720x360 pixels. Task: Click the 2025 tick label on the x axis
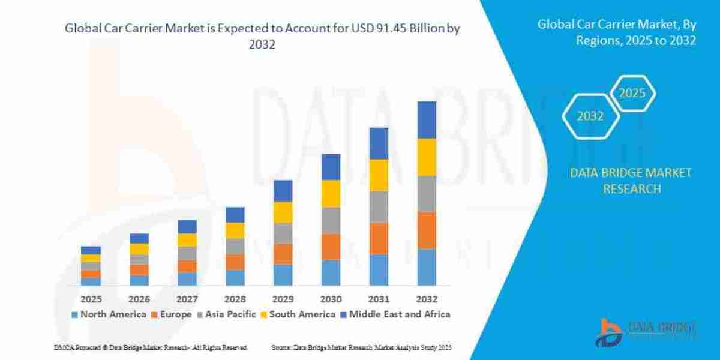coord(91,299)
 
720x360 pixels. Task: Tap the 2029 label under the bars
coord(283,299)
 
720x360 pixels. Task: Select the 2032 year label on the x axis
coord(427,299)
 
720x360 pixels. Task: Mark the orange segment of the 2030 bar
coord(331,247)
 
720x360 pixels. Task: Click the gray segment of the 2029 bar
coord(283,233)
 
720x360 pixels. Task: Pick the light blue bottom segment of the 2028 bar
coord(235,277)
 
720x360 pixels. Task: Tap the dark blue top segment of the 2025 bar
coord(91,250)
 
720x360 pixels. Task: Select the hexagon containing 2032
coord(590,116)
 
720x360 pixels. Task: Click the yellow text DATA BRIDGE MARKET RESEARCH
coord(631,181)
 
